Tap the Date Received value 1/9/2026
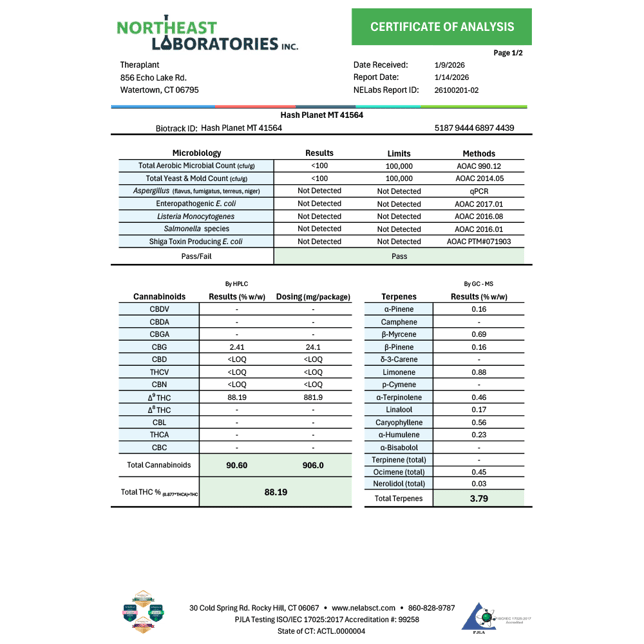[x=450, y=64]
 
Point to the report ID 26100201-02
[x=457, y=90]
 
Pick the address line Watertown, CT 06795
[x=159, y=90]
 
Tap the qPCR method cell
[x=479, y=191]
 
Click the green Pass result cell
[x=399, y=256]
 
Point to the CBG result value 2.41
[x=237, y=347]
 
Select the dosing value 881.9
[x=313, y=397]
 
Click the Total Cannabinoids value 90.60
[x=237, y=465]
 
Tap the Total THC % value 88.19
[x=275, y=492]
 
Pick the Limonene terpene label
[x=398, y=372]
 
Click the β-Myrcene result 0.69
[x=479, y=334]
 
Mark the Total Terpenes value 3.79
[x=479, y=498]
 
